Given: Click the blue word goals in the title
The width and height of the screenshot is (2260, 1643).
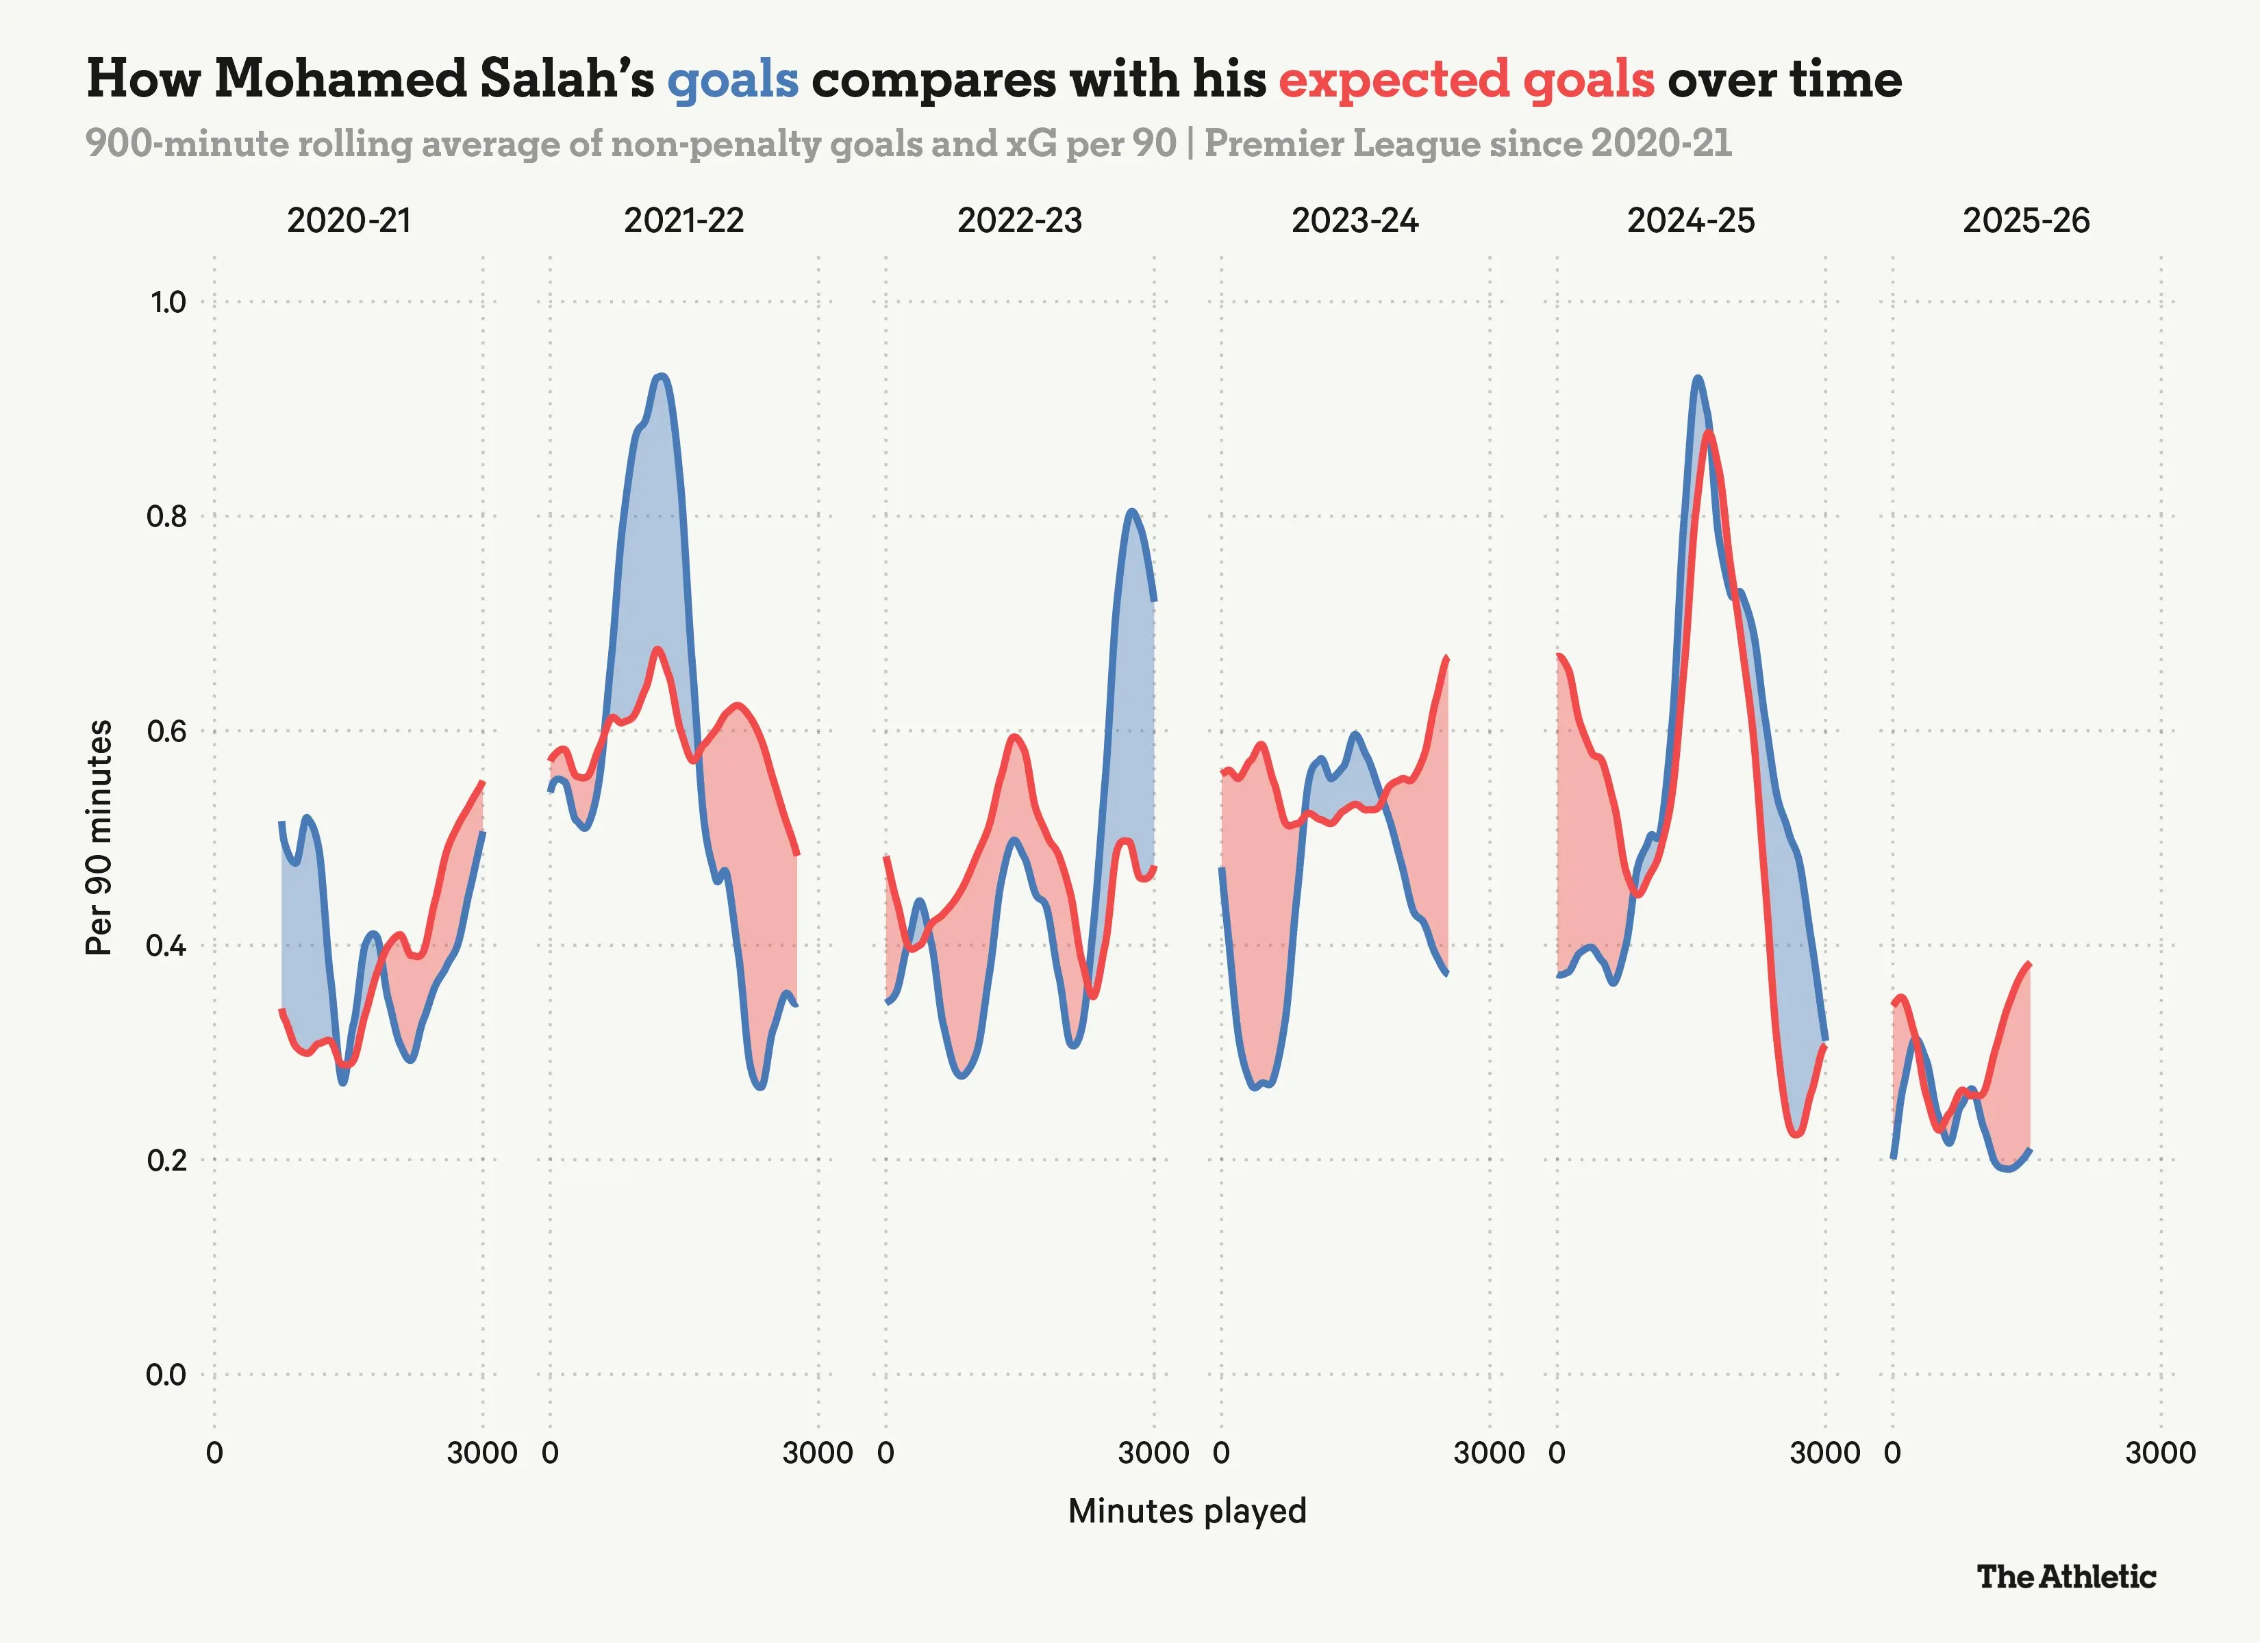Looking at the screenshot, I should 732,79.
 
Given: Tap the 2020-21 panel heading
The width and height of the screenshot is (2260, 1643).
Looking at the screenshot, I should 349,220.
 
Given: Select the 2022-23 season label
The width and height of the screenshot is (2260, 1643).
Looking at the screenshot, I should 1019,220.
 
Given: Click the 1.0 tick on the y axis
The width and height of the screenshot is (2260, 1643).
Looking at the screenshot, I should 167,302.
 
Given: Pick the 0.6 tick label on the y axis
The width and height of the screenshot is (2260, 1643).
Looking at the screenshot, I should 166,731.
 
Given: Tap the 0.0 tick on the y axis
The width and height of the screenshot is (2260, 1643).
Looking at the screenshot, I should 166,1375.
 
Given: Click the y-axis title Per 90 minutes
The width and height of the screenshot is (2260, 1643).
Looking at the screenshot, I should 99,838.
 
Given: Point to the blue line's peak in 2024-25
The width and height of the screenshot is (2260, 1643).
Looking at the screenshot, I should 1697,378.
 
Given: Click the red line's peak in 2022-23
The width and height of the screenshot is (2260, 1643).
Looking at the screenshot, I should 1014,737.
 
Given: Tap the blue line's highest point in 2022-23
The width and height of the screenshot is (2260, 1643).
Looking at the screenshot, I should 1131,511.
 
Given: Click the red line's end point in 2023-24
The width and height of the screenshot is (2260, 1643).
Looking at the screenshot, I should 1447,658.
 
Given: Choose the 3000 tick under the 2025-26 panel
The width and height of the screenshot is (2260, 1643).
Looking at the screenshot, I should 2160,1453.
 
